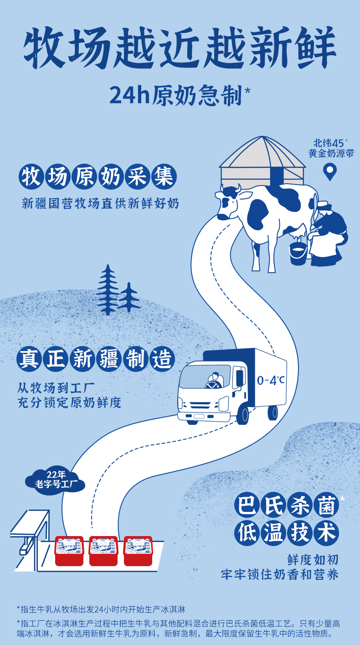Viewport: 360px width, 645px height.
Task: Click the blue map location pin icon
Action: [x=329, y=171]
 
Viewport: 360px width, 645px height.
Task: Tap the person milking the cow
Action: [x=327, y=232]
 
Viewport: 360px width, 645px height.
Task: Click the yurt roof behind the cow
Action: [x=262, y=153]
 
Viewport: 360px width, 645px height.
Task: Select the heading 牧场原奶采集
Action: [x=98, y=177]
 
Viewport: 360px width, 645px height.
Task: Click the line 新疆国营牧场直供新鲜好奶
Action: [x=101, y=203]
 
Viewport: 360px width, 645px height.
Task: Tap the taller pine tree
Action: [x=108, y=289]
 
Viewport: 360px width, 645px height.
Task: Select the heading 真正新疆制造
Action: [x=96, y=359]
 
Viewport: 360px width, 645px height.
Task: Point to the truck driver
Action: [x=213, y=381]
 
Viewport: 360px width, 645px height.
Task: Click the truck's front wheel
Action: [x=242, y=415]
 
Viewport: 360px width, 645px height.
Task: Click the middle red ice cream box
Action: [x=103, y=550]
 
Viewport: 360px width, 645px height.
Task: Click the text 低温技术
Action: [x=287, y=531]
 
